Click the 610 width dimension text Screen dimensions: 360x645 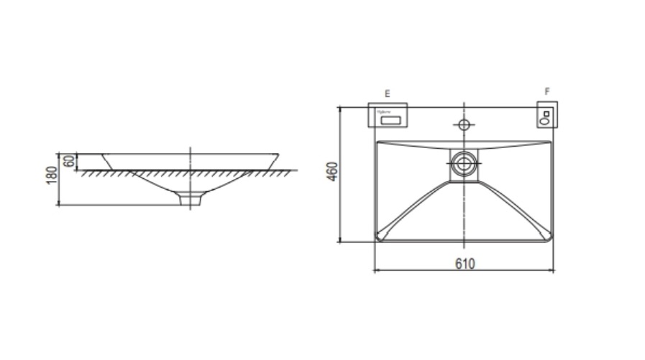pos(465,264)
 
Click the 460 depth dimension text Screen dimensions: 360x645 pos(331,172)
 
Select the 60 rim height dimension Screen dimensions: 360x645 pos(68,161)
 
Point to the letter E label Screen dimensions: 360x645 pos(387,93)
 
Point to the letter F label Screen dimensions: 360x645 pos(547,92)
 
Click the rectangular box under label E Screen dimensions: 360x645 pos(389,115)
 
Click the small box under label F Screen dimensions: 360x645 pos(547,116)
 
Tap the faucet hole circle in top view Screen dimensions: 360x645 pos(464,125)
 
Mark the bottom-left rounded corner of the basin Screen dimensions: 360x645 pos(380,236)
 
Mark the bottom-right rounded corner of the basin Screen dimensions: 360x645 pos(547,236)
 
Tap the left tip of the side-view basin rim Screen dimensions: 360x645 pos(104,154)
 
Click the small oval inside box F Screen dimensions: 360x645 pos(546,121)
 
